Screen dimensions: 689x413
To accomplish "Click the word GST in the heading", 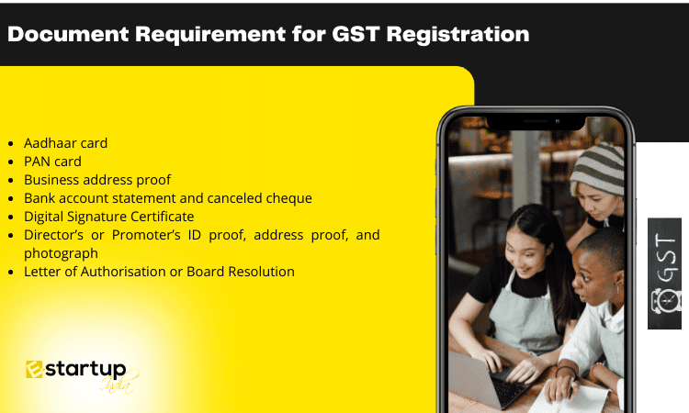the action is tap(356, 34).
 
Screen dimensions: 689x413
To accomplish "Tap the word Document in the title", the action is tap(68, 34).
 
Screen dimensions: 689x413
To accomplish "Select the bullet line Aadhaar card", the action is tap(65, 143).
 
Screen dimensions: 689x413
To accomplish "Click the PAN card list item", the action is tap(52, 162).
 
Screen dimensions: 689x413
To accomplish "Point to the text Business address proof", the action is tap(97, 180).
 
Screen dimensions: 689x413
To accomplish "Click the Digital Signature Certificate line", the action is tap(109, 217).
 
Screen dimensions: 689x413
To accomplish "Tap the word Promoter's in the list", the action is tap(146, 235).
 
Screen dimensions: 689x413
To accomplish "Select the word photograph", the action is tap(61, 253).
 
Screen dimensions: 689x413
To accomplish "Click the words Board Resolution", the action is tap(241, 272).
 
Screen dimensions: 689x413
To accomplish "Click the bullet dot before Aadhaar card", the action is tap(11, 144).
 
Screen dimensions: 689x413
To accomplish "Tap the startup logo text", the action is tap(85, 370).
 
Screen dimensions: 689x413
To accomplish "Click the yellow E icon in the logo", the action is tap(34, 370).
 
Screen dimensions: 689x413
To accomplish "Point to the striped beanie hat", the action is tap(598, 168).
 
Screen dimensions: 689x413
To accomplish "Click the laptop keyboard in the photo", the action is tap(509, 383).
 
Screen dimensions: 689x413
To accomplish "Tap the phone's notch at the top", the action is tap(537, 122).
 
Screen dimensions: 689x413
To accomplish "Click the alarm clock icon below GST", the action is tap(665, 301).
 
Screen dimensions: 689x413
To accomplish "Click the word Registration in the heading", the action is tap(457, 34).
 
